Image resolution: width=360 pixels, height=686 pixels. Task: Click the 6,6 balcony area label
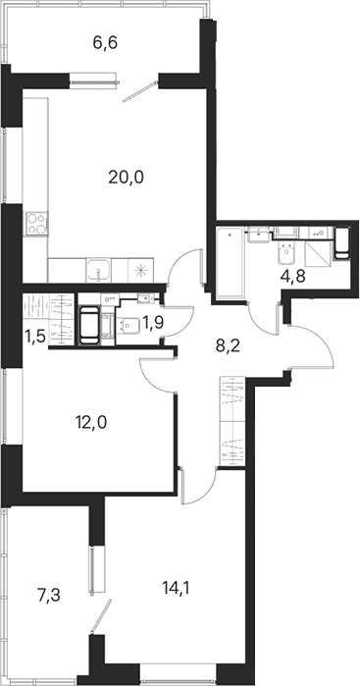point(105,44)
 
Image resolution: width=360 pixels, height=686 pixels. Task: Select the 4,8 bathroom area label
point(291,276)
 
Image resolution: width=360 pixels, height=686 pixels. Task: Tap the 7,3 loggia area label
point(48,595)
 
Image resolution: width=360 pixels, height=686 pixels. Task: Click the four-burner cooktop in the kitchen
point(36,223)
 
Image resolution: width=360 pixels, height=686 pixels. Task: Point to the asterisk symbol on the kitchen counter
point(141,270)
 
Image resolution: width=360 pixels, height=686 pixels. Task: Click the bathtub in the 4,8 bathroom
point(231,263)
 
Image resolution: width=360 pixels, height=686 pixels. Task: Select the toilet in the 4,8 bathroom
point(286,254)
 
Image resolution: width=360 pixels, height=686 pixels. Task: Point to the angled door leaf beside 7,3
point(101,616)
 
